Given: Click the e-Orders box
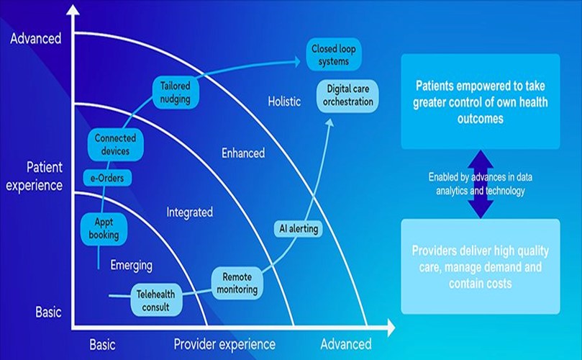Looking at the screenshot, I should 105,177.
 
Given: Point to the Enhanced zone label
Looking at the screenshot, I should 242,153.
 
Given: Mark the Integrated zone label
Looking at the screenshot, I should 189,212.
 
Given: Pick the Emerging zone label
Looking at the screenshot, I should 131,266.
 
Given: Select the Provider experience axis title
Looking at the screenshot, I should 224,344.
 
